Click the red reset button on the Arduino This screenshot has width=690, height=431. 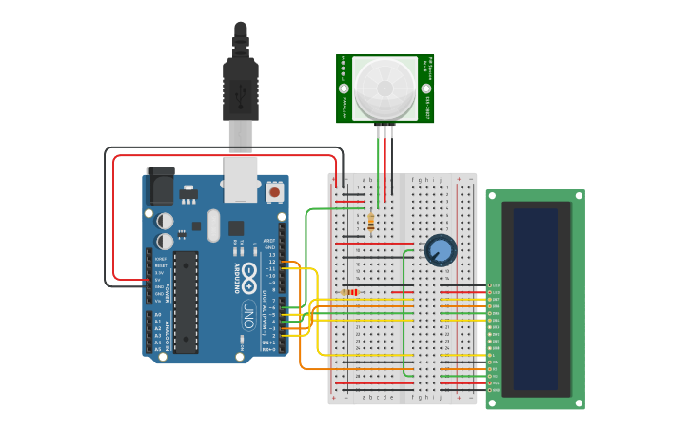[275, 192]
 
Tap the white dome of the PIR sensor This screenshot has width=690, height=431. [384, 88]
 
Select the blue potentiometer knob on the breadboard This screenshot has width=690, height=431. [440, 250]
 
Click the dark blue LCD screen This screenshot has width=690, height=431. [536, 299]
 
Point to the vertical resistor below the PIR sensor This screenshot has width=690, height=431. [370, 223]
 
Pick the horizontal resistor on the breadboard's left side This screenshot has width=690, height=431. [351, 292]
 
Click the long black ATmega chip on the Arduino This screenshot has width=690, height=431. [186, 302]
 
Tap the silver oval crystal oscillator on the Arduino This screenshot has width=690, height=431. [213, 225]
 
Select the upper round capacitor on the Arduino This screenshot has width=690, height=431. [165, 221]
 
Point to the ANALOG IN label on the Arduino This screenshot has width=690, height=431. [168, 333]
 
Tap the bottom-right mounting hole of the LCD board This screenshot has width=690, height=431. [578, 402]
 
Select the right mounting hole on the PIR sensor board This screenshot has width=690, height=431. [425, 88]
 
